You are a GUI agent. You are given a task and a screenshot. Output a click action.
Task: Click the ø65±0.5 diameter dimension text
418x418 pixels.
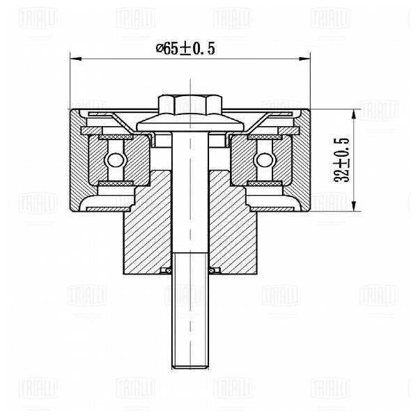point(185,49)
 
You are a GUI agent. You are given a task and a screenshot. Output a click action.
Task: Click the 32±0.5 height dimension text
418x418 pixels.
point(342,160)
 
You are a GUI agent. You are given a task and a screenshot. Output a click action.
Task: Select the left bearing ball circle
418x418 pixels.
point(116,160)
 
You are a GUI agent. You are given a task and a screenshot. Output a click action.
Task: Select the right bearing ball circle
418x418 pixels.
point(265,160)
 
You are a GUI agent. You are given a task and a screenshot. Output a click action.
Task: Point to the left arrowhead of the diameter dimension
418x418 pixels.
point(76,59)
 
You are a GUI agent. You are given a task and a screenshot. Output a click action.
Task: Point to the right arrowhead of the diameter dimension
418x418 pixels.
point(304,59)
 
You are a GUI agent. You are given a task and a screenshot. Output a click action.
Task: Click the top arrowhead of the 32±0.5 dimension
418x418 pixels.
point(354,115)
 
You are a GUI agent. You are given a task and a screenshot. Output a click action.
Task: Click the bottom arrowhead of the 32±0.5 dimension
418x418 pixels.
point(354,206)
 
